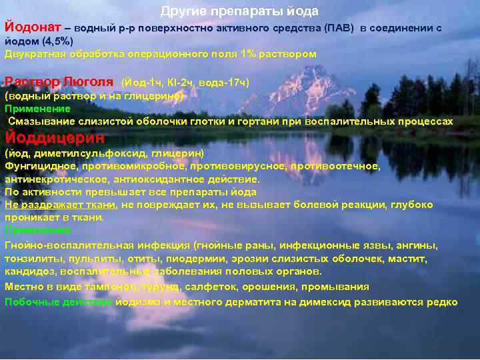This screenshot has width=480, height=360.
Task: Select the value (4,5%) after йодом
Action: pos(57,41)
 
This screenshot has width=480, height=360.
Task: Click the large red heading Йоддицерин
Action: pos(55,138)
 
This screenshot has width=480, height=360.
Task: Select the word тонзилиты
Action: pos(28,258)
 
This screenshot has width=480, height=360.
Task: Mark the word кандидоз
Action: pos(28,271)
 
